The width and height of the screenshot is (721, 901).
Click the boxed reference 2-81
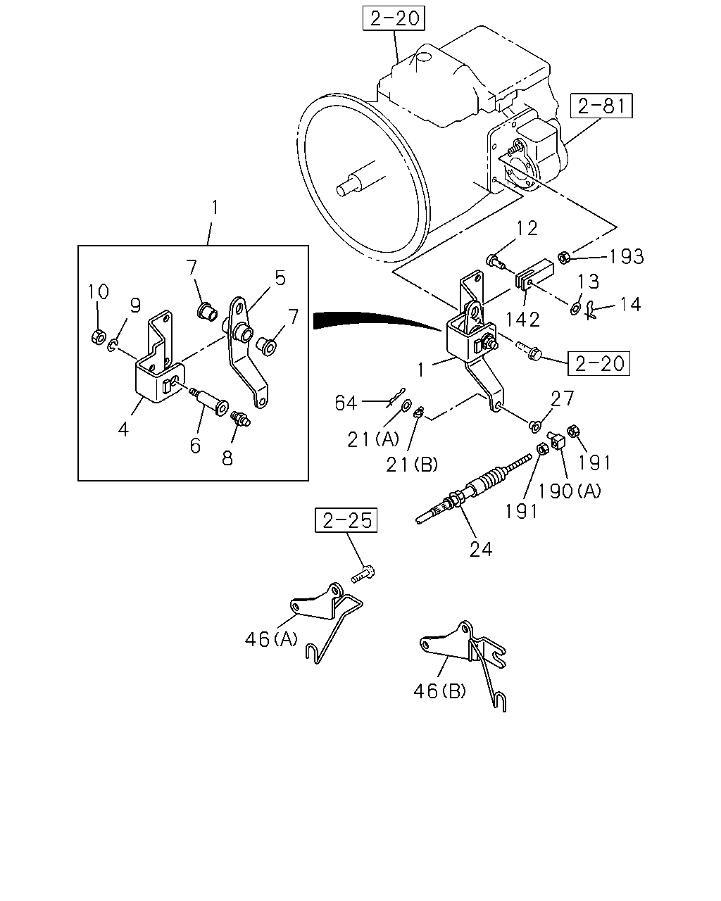[601, 106]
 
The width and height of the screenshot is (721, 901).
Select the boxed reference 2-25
[346, 520]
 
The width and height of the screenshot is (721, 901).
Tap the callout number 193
[627, 257]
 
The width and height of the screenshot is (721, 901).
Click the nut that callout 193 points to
[564, 257]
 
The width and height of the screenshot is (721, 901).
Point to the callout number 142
[523, 320]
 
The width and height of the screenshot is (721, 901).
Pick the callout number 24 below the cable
[481, 549]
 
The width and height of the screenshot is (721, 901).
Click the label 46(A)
[271, 639]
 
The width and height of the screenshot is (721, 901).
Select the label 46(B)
[439, 691]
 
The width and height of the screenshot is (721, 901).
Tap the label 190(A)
[570, 491]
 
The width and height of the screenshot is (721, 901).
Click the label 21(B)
[412, 465]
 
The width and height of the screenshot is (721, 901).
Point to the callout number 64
[346, 403]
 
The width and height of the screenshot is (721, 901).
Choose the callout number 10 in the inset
[99, 291]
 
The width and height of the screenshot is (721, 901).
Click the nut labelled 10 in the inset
[98, 336]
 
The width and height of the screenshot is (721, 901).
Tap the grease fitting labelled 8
[241, 418]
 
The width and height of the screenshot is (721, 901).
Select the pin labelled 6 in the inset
[209, 401]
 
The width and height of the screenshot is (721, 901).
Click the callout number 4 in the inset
[123, 429]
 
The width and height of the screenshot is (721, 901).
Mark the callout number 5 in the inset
[280, 277]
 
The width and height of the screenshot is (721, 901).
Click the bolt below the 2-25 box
[363, 574]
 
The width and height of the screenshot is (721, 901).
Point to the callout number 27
[562, 398]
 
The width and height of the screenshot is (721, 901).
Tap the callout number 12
[527, 228]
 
